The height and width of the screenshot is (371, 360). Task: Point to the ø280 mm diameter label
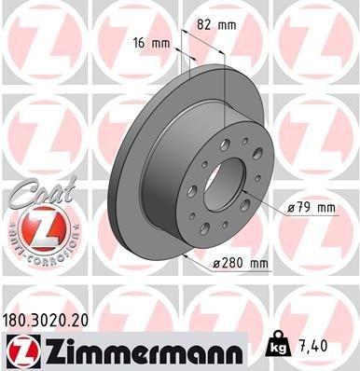point(241,264)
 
